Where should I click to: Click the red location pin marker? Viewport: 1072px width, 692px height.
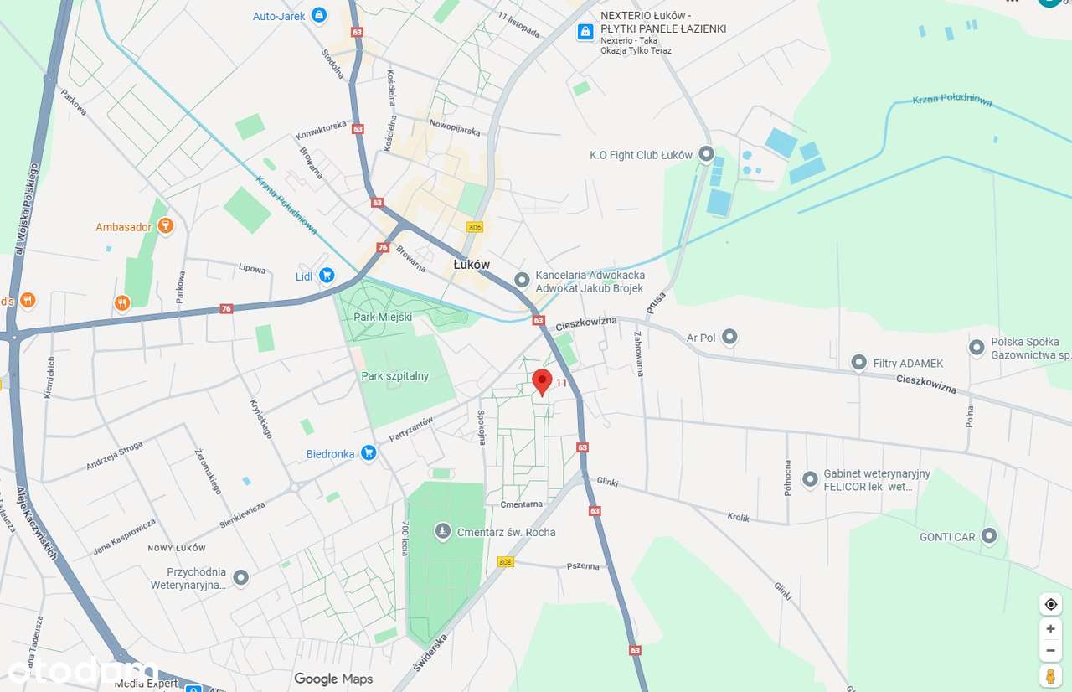[x=542, y=381]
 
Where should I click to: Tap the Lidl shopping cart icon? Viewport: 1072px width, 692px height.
[x=327, y=275]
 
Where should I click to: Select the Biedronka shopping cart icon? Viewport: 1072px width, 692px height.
[x=368, y=453]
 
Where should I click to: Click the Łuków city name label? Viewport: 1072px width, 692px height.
[x=472, y=264]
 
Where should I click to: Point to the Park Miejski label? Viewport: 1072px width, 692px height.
[x=383, y=317]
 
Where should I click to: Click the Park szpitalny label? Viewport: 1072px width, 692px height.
[x=395, y=376]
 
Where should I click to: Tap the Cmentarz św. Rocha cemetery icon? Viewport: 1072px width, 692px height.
[x=443, y=531]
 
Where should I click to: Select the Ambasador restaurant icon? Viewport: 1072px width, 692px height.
[x=165, y=226]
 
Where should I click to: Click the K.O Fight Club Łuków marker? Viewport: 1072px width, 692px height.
[x=706, y=154]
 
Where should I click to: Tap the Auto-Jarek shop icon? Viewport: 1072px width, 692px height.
[x=318, y=15]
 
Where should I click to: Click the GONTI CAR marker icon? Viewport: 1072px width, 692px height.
[x=989, y=535]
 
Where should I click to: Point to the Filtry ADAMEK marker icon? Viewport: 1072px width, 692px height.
[x=858, y=362]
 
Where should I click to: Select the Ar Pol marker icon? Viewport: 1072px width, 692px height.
[x=729, y=337]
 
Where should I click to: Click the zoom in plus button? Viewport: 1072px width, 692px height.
[x=1050, y=628]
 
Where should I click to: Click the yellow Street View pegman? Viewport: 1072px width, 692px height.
[x=1050, y=674]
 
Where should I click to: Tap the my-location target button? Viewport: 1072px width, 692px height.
[x=1050, y=604]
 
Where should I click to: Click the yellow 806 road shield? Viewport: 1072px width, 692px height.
[x=476, y=227]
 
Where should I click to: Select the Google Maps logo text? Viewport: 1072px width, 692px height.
[x=333, y=679]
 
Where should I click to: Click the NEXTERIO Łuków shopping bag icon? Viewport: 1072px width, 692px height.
[x=585, y=32]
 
